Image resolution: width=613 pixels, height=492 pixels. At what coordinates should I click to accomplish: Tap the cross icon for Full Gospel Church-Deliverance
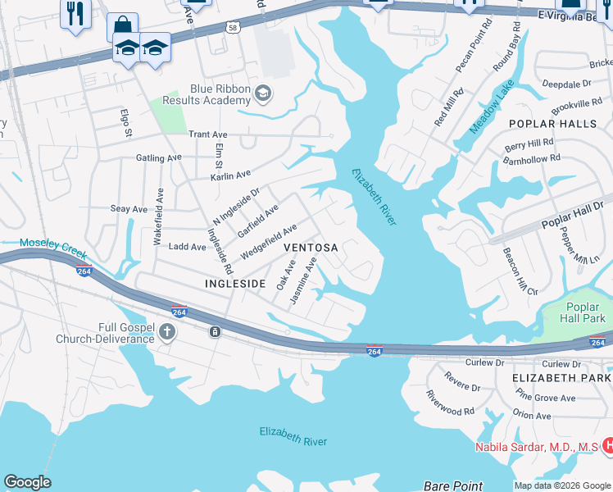(x=167, y=332)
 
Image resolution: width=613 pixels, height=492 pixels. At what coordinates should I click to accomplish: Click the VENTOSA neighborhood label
(x=311, y=247)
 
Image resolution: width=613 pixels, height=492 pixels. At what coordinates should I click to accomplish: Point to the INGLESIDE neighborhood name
(x=235, y=283)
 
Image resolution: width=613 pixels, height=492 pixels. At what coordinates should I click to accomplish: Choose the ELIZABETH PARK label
(x=561, y=377)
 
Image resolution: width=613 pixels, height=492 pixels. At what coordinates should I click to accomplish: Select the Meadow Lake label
(x=492, y=107)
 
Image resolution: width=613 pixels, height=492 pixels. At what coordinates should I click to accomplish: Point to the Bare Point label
(x=452, y=485)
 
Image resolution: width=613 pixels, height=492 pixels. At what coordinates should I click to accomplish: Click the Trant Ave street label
(x=207, y=134)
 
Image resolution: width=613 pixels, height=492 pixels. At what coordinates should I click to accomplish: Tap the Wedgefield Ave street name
(x=267, y=243)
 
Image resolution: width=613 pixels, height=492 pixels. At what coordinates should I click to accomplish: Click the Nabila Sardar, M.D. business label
(x=537, y=447)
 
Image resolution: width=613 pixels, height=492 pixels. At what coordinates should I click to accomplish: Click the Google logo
(x=28, y=482)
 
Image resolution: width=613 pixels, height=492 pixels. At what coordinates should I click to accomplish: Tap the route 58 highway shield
(x=234, y=26)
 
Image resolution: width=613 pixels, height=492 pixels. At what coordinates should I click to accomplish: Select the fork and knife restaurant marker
(x=75, y=13)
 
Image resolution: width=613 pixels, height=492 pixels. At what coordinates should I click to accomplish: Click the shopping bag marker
(x=122, y=25)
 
